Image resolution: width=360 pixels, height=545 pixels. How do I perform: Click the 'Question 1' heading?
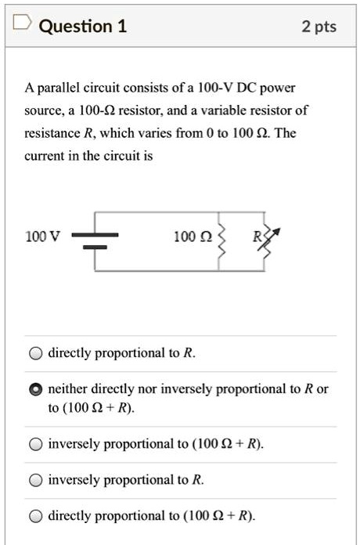point(82,27)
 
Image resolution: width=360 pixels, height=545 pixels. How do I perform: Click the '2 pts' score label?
point(319,27)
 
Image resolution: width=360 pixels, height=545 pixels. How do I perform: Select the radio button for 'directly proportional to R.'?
point(36,353)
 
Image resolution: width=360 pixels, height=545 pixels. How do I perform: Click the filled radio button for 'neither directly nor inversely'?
point(36,389)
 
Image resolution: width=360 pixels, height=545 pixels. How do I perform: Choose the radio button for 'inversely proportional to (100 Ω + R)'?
point(36,444)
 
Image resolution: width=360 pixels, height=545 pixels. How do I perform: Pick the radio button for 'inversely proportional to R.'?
point(36,480)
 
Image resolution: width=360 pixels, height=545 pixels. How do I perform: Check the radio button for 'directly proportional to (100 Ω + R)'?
point(36,516)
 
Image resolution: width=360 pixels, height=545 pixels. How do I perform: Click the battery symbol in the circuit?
point(95,240)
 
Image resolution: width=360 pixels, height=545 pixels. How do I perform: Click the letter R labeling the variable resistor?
point(256,235)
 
